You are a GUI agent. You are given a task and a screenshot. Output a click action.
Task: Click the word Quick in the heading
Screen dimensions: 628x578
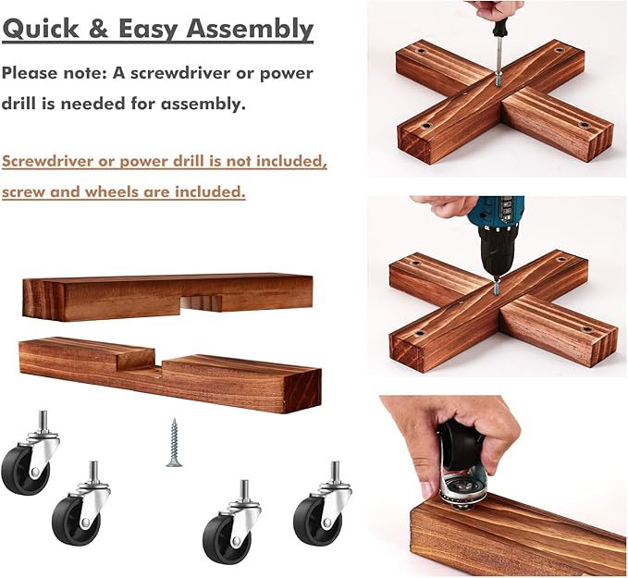[41, 30]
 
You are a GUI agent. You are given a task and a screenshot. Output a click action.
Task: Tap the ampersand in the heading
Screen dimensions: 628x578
[99, 29]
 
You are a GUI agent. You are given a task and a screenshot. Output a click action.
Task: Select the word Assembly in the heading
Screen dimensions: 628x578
[249, 30]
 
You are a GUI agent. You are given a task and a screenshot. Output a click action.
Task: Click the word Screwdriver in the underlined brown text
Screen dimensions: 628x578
[48, 162]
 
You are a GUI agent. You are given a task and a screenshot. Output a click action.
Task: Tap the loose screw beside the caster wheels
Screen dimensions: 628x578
[174, 443]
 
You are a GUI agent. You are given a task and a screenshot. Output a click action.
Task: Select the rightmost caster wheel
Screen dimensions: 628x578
[323, 501]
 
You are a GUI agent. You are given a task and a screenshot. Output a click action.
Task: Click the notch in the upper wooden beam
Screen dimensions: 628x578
[201, 303]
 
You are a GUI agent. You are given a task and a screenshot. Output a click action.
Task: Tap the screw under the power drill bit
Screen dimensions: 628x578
[497, 287]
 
